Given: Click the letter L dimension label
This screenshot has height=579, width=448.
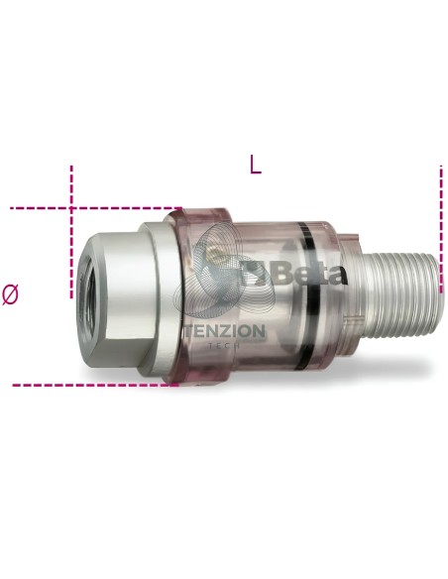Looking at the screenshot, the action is point(256,165).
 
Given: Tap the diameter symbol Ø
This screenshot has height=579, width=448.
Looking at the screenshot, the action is point(10,294).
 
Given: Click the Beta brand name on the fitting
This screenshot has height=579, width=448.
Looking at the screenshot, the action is point(310,274).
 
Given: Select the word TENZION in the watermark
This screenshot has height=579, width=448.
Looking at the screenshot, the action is point(224,331).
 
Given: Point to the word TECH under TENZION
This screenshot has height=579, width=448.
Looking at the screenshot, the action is point(224,346).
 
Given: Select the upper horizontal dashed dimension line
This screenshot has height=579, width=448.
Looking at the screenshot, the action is point(96,208).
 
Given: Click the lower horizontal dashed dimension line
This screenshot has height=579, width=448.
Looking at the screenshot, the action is point(95,385).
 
